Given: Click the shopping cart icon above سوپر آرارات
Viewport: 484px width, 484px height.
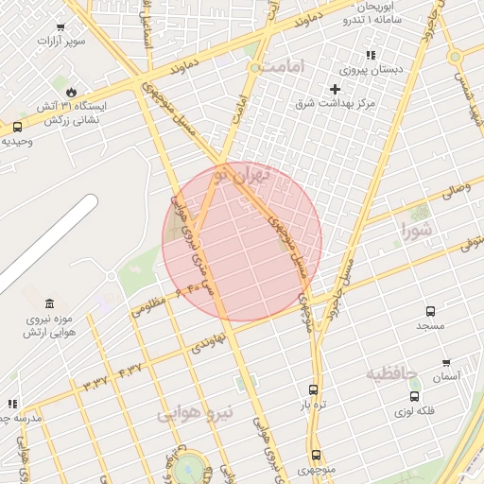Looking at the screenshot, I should [61, 26].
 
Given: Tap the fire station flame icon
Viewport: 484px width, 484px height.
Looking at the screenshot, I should [70, 92].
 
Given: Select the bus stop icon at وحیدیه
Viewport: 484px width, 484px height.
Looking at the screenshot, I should [17, 127].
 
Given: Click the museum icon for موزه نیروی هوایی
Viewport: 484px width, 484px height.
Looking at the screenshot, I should [49, 303].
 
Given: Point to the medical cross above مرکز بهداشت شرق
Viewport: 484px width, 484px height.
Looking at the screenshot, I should [335, 89].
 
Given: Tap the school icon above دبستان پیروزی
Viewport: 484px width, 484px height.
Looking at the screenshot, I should [371, 56].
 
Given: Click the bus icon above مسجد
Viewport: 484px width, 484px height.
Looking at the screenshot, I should [431, 311].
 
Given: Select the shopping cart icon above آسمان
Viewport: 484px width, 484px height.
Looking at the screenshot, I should [445, 363].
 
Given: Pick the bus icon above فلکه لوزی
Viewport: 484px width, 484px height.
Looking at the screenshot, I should [415, 396].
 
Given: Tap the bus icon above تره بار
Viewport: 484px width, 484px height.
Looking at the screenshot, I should [314, 389].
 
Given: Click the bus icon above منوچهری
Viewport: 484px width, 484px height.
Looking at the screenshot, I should [316, 455].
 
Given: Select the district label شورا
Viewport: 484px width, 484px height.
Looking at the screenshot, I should [416, 229].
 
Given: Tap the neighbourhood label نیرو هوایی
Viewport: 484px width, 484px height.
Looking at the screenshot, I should [189, 414].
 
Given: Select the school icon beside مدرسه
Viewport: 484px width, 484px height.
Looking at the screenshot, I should [12, 404].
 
